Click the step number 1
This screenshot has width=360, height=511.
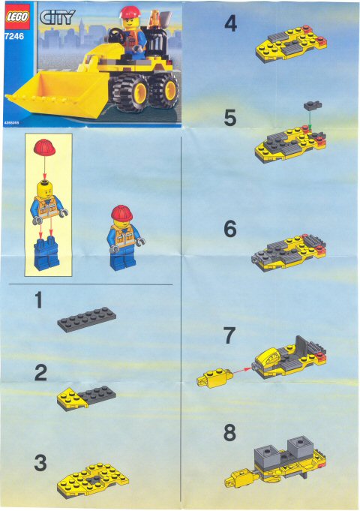[37, 302]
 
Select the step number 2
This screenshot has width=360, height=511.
[40, 372]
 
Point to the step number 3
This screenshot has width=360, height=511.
[40, 463]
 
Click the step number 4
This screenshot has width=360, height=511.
[230, 25]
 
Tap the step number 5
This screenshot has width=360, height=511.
[230, 118]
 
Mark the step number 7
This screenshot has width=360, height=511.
[230, 336]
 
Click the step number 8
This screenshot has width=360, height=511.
[230, 434]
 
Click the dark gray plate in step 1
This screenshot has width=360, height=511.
[86, 320]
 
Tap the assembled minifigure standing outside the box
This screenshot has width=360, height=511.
[121, 238]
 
